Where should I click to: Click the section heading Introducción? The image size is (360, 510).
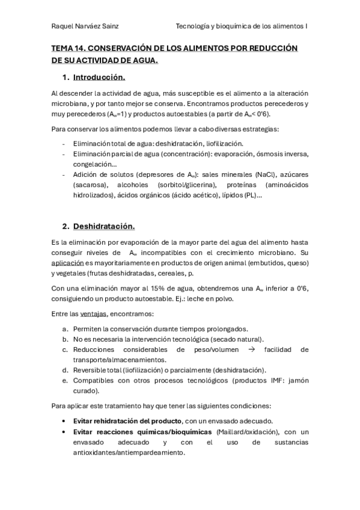click(x=99, y=78)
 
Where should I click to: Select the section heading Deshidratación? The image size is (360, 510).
click(x=104, y=226)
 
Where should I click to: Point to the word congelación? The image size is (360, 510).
click(x=93, y=164)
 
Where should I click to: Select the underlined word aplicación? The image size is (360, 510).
click(x=68, y=263)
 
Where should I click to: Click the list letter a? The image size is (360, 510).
click(x=64, y=329)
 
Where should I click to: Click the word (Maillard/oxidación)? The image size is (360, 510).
click(x=246, y=432)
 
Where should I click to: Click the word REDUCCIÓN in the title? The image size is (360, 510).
click(x=273, y=48)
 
